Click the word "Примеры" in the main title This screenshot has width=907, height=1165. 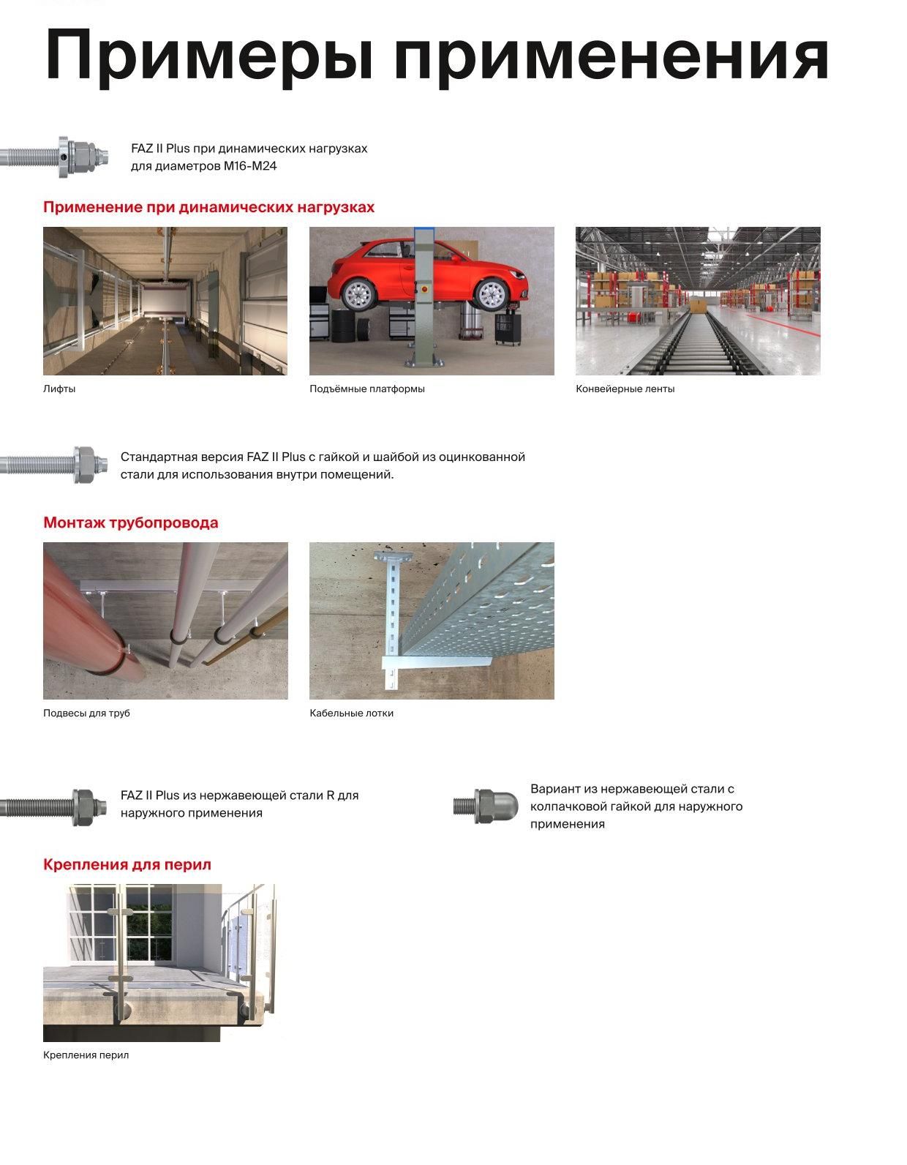[x=209, y=56]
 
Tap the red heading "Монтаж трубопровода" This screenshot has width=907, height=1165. [x=131, y=522]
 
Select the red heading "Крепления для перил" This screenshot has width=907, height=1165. [x=127, y=865]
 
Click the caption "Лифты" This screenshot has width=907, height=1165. [x=59, y=389]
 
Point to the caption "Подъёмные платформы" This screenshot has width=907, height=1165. [x=367, y=389]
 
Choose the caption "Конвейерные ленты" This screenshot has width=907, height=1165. [x=625, y=389]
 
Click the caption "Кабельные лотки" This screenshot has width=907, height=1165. [x=351, y=713]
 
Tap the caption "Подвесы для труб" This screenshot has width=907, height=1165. [x=86, y=713]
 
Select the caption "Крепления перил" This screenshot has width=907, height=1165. [x=86, y=1055]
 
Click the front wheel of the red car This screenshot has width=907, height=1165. [x=492, y=294]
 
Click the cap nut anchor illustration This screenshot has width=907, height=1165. [x=486, y=806]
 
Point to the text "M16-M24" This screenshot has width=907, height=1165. [x=250, y=166]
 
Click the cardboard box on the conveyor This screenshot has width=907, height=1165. [x=698, y=306]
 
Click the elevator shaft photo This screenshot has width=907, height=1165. [x=165, y=301]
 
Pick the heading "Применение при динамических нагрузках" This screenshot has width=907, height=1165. [x=209, y=208]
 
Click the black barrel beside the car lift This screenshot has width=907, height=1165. [x=342, y=326]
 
